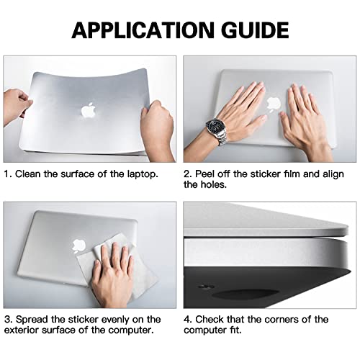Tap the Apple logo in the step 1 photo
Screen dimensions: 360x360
click(x=89, y=110)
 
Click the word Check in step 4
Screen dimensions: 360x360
click(x=215, y=319)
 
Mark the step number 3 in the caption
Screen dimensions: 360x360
click(x=6, y=319)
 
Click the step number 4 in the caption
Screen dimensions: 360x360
click(x=186, y=319)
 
